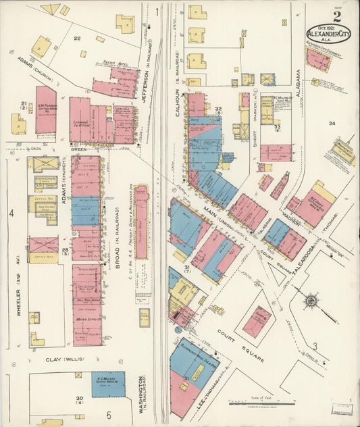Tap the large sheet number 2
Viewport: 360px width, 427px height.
[336, 16]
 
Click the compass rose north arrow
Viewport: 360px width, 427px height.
[310, 299]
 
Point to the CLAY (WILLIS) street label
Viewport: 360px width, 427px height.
[60, 360]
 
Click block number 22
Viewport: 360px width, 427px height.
[77, 39]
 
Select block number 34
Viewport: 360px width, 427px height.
[332, 124]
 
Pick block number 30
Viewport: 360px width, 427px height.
[80, 399]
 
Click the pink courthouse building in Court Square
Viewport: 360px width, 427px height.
[256, 321]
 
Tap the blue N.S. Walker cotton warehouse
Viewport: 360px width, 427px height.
[108, 384]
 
